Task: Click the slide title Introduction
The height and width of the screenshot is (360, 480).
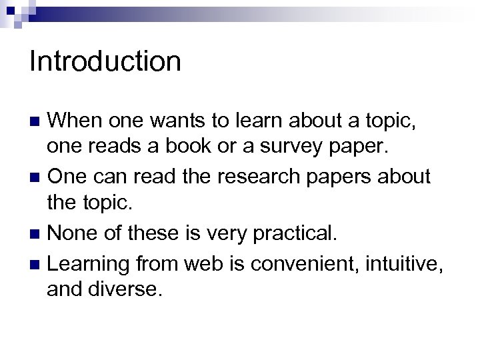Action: (x=105, y=61)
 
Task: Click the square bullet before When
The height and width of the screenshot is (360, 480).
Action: (x=37, y=122)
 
